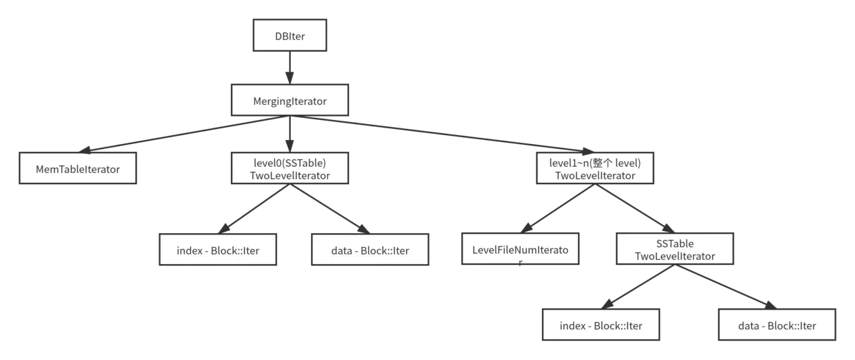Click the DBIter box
pyautogui.click(x=290, y=35)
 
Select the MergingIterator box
pyautogui.click(x=290, y=101)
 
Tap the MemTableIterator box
pyautogui.click(x=78, y=169)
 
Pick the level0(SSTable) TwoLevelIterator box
pyautogui.click(x=290, y=169)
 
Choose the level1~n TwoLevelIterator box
pyautogui.click(x=595, y=169)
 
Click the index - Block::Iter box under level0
pyautogui.click(x=218, y=250)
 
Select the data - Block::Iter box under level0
pyautogui.click(x=370, y=250)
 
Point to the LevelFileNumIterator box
pyautogui.click(x=520, y=250)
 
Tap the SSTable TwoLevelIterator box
pyautogui.click(x=674, y=250)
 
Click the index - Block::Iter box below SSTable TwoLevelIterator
pyautogui.click(x=601, y=325)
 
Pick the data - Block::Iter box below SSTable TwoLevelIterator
pyautogui.click(x=777, y=325)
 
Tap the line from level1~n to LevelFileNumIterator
pyautogui.click(x=555, y=210)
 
